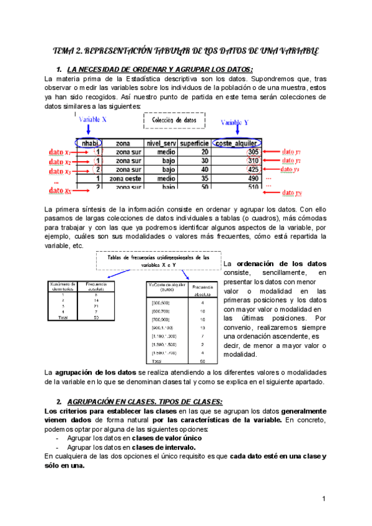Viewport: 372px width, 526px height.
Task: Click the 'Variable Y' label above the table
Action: (239, 122)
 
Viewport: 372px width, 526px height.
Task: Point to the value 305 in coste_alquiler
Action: (252, 151)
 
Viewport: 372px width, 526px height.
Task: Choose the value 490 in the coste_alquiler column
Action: (252, 177)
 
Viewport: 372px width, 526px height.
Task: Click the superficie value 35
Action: (204, 177)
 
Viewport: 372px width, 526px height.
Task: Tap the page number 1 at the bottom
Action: (324, 499)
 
